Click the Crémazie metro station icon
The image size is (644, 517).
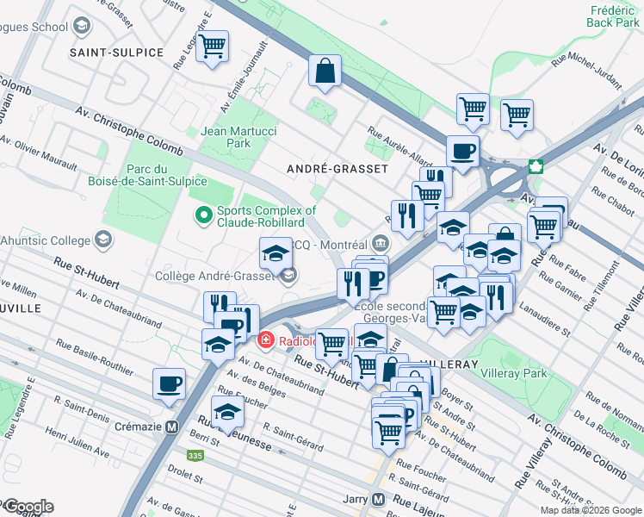coord(171,427)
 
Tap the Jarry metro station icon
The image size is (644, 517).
coord(378,500)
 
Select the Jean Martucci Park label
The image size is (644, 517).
coord(226,137)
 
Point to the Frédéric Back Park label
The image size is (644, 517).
coord(614,16)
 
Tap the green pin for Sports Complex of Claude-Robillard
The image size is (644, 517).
coord(204,215)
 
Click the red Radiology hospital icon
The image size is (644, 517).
coord(267,339)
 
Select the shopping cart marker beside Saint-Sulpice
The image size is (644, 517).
coord(212,47)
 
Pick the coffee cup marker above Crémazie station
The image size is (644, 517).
coord(169,383)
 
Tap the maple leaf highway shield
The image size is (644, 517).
coord(535,167)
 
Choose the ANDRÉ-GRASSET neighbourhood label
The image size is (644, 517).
coord(337,169)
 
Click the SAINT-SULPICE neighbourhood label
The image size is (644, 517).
coord(116,53)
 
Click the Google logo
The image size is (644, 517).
coord(28,507)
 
